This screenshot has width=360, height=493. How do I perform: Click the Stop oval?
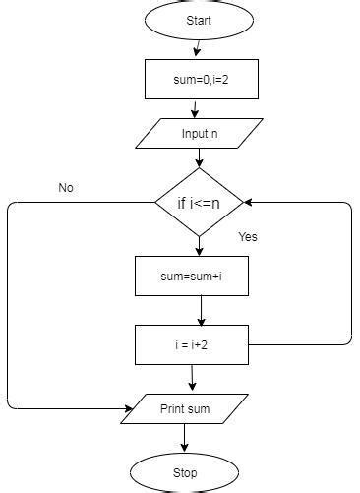click(185, 472)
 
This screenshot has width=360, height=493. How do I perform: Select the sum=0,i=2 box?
click(201, 80)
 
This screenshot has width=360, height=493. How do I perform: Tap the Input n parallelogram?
click(201, 133)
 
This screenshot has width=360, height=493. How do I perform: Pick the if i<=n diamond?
click(200, 202)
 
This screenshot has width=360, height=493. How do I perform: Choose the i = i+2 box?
click(192, 345)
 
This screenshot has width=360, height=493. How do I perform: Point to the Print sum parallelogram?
click(185, 406)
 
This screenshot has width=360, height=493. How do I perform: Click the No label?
click(66, 187)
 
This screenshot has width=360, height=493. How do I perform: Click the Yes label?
click(248, 237)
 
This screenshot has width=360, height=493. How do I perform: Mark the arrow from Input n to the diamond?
click(200, 156)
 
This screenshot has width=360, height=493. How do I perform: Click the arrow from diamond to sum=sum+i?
click(200, 246)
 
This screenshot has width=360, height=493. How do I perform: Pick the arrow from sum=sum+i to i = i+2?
click(201, 310)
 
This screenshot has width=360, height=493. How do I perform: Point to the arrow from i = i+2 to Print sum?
click(192, 378)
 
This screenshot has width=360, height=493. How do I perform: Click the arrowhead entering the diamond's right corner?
click(250, 202)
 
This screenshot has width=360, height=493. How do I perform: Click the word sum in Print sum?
click(200, 406)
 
